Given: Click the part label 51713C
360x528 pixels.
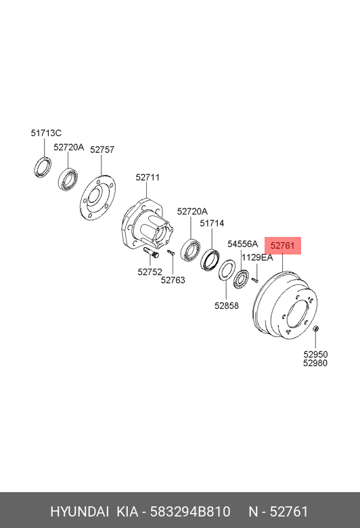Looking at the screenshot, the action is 46,133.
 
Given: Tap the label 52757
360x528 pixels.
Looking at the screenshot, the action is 102,150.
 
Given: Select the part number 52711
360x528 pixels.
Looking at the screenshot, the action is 148,177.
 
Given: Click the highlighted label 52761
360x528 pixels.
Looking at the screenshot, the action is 283,246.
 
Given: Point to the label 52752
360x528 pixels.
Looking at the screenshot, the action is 150,271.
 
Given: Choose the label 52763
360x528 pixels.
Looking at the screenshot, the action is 173,280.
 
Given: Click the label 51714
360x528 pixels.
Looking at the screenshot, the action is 212,223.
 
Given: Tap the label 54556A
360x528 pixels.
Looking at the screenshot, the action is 242,244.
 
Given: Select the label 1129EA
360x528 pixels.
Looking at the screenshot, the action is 257,258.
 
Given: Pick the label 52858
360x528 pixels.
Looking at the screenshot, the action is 226,305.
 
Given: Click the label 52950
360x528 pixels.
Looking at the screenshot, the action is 315,354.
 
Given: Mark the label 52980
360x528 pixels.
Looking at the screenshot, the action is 315,363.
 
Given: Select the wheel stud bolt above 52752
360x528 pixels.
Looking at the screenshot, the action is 151,252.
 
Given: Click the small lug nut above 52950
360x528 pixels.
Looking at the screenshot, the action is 316,328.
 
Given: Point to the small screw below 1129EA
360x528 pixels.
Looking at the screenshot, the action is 255,280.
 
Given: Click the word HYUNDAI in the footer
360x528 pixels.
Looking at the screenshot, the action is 79,512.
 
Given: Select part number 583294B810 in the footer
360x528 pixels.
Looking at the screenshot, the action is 190,512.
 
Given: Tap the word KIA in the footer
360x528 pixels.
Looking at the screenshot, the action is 127,512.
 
